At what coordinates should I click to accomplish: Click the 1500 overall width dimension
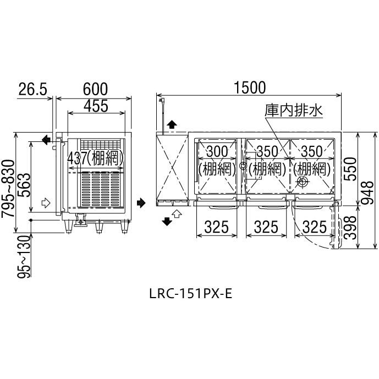coord(250,87)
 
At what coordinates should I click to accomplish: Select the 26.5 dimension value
coord(32,89)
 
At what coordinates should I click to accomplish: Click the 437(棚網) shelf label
coord(96,158)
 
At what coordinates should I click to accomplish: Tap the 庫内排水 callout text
coord(293,111)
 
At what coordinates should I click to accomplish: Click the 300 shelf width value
coord(217,151)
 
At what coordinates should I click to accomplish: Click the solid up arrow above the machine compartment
coord(172,125)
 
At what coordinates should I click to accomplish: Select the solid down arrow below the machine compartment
coord(166,221)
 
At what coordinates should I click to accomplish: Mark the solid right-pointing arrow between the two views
coord(141,203)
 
